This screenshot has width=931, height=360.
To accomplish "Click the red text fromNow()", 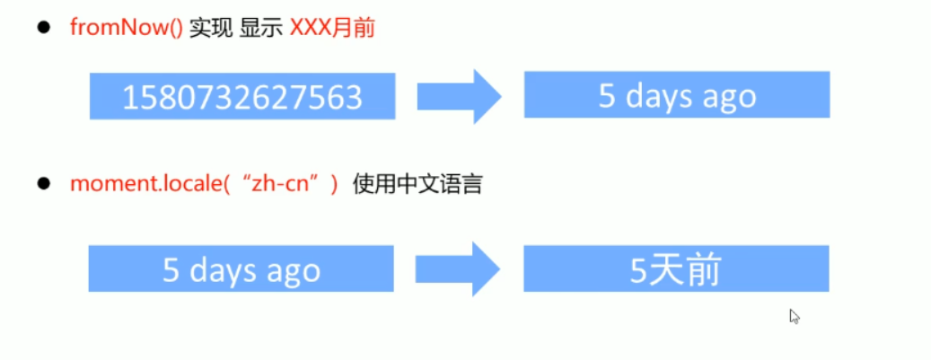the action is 127,27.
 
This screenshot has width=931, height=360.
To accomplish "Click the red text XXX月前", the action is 331,27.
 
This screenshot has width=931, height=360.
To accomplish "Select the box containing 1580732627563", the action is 242,96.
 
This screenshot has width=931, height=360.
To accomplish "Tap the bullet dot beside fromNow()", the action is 41,27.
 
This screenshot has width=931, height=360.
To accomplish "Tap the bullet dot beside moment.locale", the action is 41,184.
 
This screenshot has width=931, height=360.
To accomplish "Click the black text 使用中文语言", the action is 417,185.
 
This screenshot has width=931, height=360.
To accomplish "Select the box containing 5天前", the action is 676,269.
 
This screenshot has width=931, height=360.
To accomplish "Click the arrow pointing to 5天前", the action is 458,268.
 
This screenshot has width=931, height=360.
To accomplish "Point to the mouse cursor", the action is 794,315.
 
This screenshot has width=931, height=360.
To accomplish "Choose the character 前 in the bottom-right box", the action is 703,270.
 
